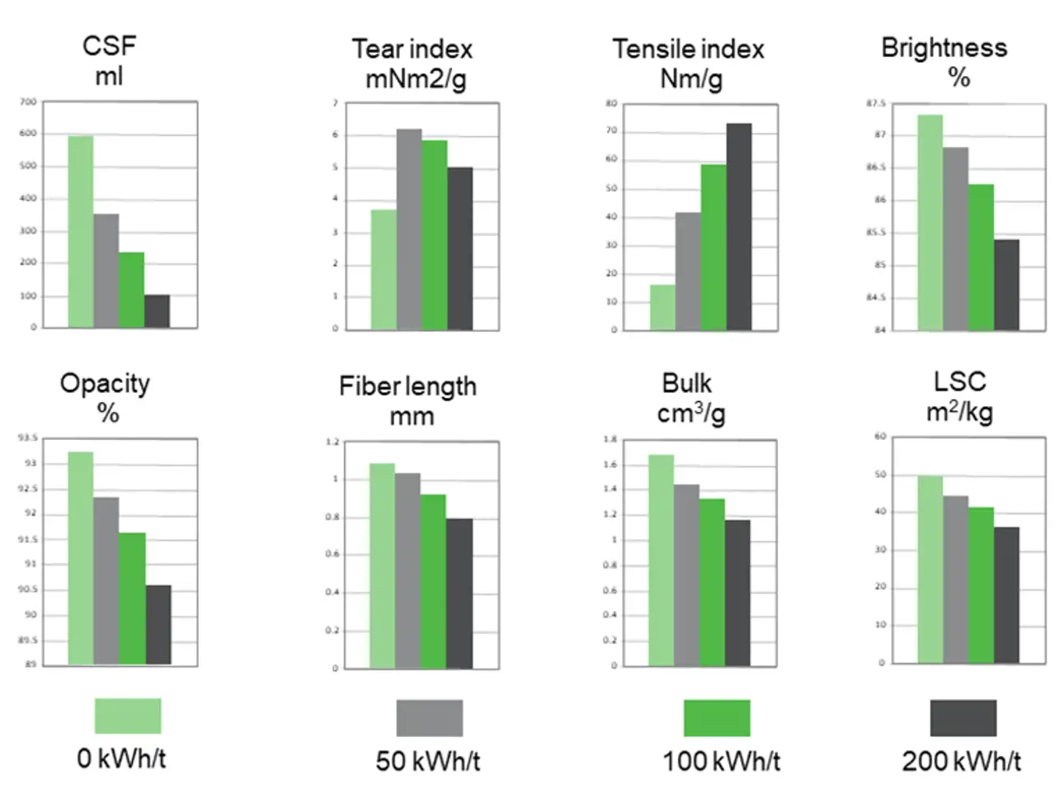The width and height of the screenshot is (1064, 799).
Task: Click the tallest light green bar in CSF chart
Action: click(80, 231)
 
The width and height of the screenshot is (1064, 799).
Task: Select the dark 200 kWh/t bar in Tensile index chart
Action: click(739, 227)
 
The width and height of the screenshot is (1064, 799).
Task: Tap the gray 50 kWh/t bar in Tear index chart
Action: click(409, 229)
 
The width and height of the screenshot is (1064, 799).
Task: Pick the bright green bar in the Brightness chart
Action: click(981, 258)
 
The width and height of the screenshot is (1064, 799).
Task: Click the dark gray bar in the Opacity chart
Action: click(158, 625)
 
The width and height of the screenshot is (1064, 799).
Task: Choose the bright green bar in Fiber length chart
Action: click(433, 581)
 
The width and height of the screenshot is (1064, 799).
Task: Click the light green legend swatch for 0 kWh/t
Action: click(128, 716)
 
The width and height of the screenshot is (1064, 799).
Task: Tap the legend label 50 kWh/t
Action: click(427, 760)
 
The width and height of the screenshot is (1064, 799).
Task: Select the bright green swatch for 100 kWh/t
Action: click(717, 717)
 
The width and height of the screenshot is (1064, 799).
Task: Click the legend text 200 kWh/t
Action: click(961, 760)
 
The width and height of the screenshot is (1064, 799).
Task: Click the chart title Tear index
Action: click(412, 50)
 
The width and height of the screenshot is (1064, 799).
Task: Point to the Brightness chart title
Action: click(944, 48)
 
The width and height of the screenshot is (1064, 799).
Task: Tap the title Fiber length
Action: click(407, 386)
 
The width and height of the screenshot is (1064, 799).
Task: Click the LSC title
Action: click(959, 381)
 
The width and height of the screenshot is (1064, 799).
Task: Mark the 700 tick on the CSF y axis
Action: click(28, 102)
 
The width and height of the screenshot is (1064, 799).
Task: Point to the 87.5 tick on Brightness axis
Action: click(875, 103)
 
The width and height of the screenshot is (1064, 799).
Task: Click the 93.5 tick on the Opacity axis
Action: click(27, 437)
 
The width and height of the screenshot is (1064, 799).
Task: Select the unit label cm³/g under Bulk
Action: click(691, 414)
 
